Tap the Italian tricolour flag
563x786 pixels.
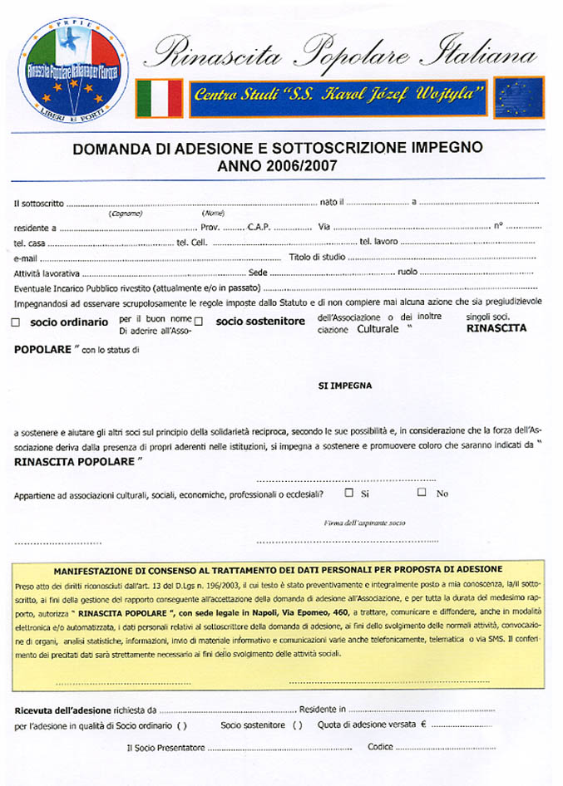[x=159, y=97]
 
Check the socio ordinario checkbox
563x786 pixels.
[x=17, y=323]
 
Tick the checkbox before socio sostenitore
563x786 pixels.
[x=199, y=322]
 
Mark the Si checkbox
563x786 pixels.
[x=349, y=492]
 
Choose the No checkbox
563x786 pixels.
[x=422, y=492]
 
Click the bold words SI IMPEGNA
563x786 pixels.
[x=344, y=386]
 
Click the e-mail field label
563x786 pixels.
[x=27, y=258]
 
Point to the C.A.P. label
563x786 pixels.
[x=259, y=227]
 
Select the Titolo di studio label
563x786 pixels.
[x=316, y=258]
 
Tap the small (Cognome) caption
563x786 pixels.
[x=125, y=214]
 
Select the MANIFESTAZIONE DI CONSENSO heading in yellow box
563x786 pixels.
[x=277, y=570]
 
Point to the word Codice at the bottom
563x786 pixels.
[x=380, y=747]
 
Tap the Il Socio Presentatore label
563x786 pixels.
[x=165, y=748]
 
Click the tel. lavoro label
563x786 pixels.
[x=378, y=242]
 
